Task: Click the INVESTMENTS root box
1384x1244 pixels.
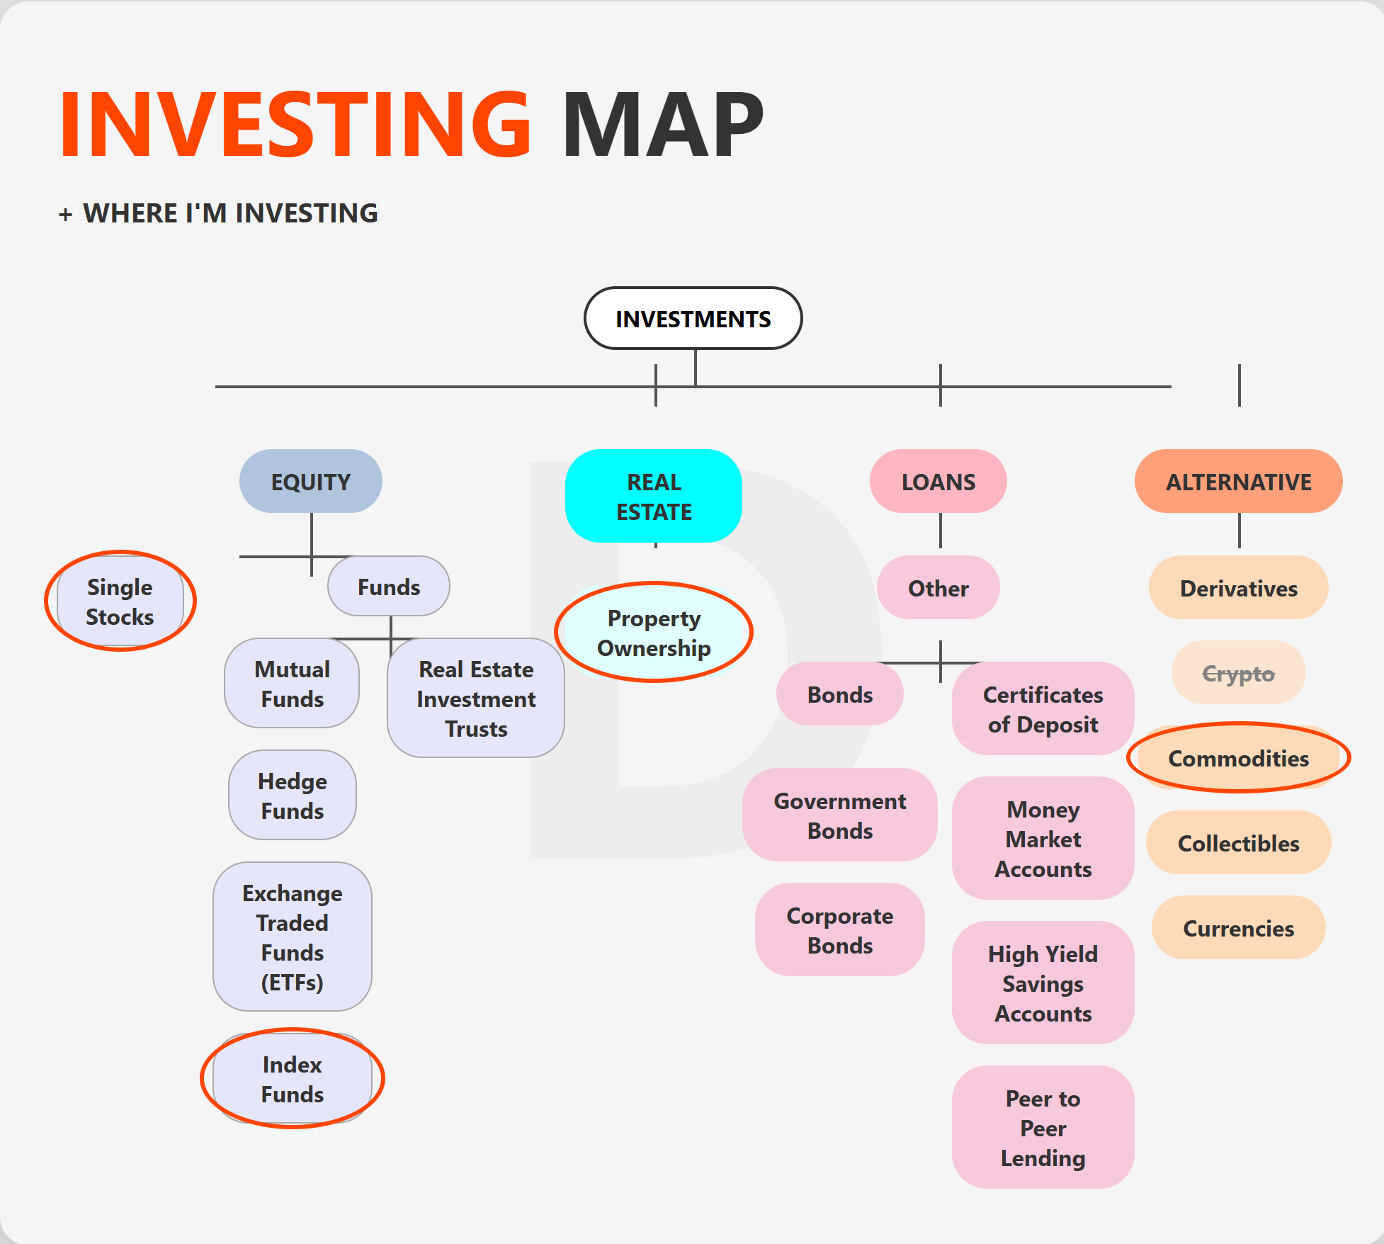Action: click(693, 318)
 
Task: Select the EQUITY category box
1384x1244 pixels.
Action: click(311, 481)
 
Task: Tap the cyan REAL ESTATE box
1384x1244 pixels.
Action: click(654, 496)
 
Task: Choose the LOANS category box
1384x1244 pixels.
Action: click(938, 481)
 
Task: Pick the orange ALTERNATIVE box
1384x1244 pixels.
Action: click(1239, 481)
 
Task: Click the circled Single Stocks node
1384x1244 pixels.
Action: click(120, 601)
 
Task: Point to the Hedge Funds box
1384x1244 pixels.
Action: click(293, 795)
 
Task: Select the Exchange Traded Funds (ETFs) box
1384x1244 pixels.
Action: click(293, 937)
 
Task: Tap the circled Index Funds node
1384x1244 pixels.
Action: click(293, 1078)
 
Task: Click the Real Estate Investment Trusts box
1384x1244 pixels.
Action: click(476, 698)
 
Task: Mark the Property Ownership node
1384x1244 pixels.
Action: click(654, 633)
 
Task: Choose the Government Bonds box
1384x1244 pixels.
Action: click(840, 815)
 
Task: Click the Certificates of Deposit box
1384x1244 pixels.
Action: click(1043, 708)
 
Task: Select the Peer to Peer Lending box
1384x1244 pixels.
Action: click(1043, 1127)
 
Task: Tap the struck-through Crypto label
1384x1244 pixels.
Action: click(1239, 673)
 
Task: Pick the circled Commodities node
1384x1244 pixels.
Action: click(1239, 757)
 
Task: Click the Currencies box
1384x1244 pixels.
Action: click(1239, 927)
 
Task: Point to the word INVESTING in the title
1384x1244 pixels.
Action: click(295, 125)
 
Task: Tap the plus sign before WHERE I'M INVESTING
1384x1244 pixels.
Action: click(66, 214)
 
